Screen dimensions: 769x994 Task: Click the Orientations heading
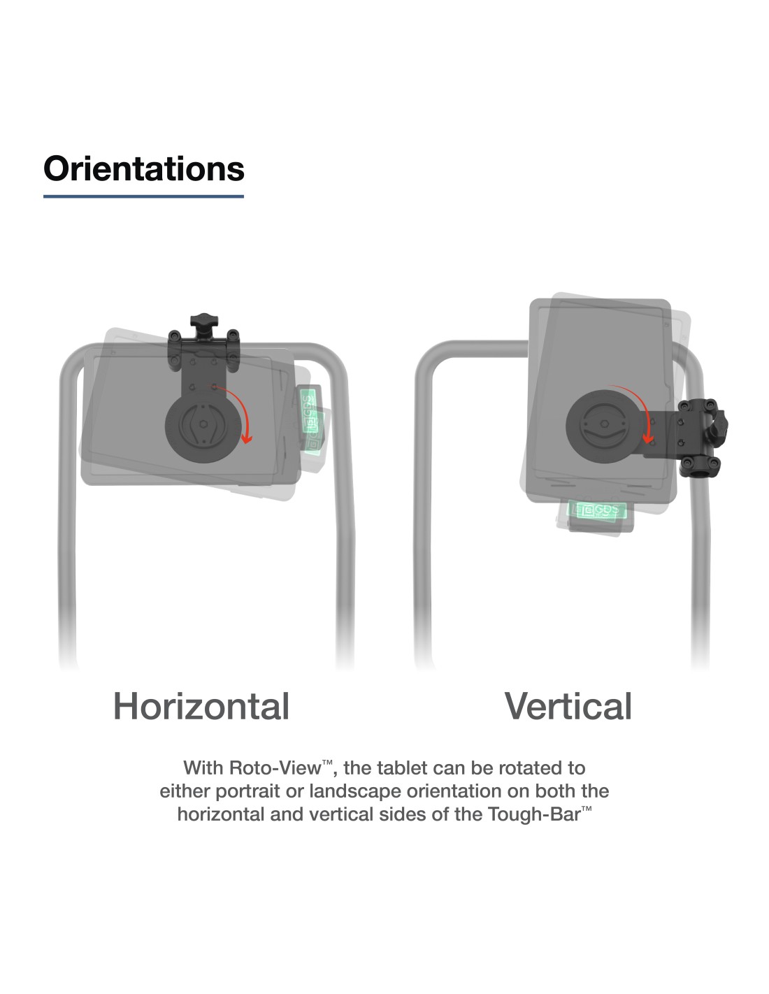click(143, 168)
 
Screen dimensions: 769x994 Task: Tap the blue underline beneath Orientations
click(143, 196)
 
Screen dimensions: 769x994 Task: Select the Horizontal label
click(201, 706)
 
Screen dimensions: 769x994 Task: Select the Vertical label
click(568, 706)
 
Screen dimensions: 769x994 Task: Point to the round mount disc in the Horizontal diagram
click(203, 426)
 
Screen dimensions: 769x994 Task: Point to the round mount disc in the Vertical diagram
click(603, 426)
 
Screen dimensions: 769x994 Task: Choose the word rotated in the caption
click(528, 768)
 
